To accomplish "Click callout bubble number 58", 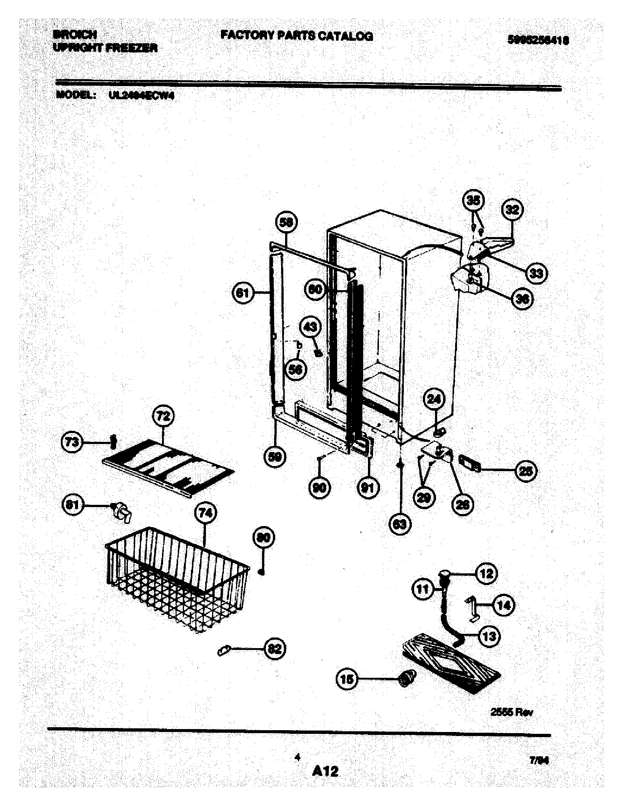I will pos(287,222).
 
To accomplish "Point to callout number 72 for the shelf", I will pos(163,416).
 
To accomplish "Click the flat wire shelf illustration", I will pos(168,467).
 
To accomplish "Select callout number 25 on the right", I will pos(526,471).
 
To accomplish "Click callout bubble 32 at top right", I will pos(513,210).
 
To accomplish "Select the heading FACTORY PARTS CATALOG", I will pos(297,36).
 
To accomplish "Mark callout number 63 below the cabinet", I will pos(400,524).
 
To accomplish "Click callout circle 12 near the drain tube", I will pos(486,573).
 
